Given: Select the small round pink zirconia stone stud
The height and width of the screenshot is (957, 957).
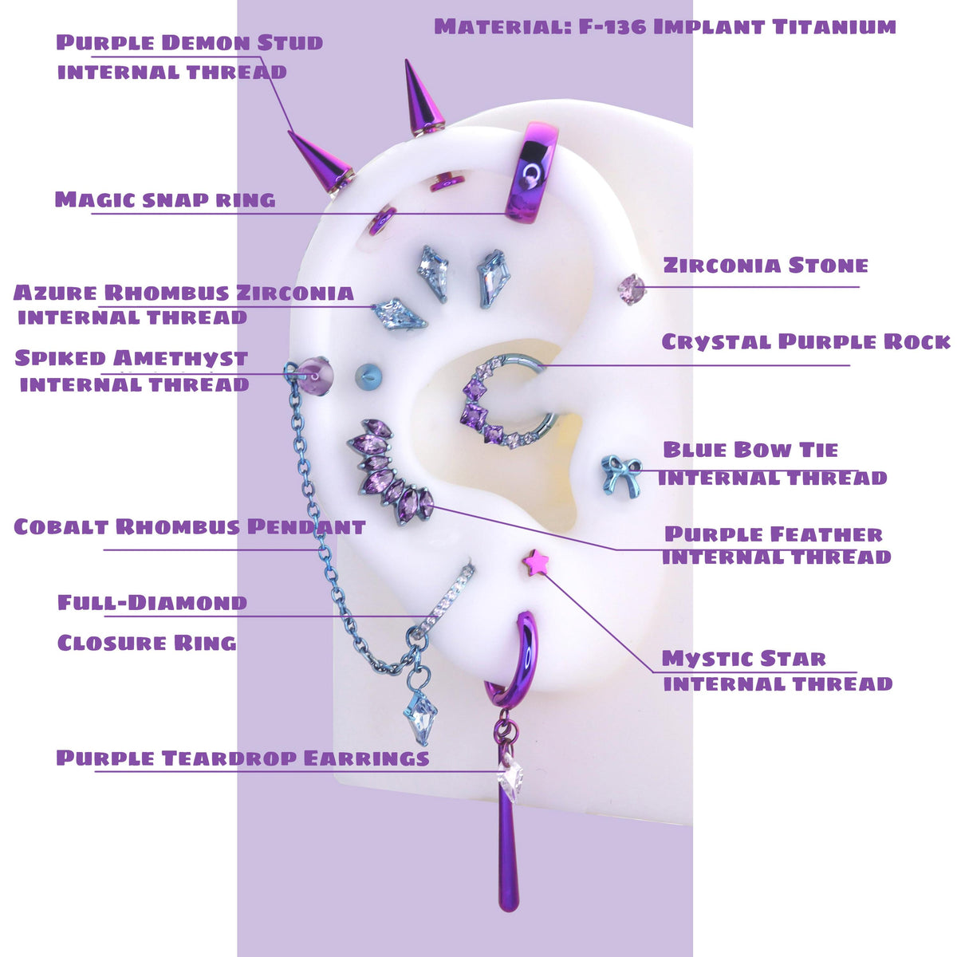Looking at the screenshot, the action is [x=632, y=288].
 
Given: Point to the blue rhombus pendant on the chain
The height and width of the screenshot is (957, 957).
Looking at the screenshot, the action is [x=419, y=718].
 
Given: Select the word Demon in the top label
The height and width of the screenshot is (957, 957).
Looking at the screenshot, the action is [x=205, y=43].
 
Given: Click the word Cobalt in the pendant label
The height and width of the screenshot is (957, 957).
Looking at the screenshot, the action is [x=61, y=527].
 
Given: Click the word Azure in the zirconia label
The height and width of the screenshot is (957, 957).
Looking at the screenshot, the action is [x=55, y=293].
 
